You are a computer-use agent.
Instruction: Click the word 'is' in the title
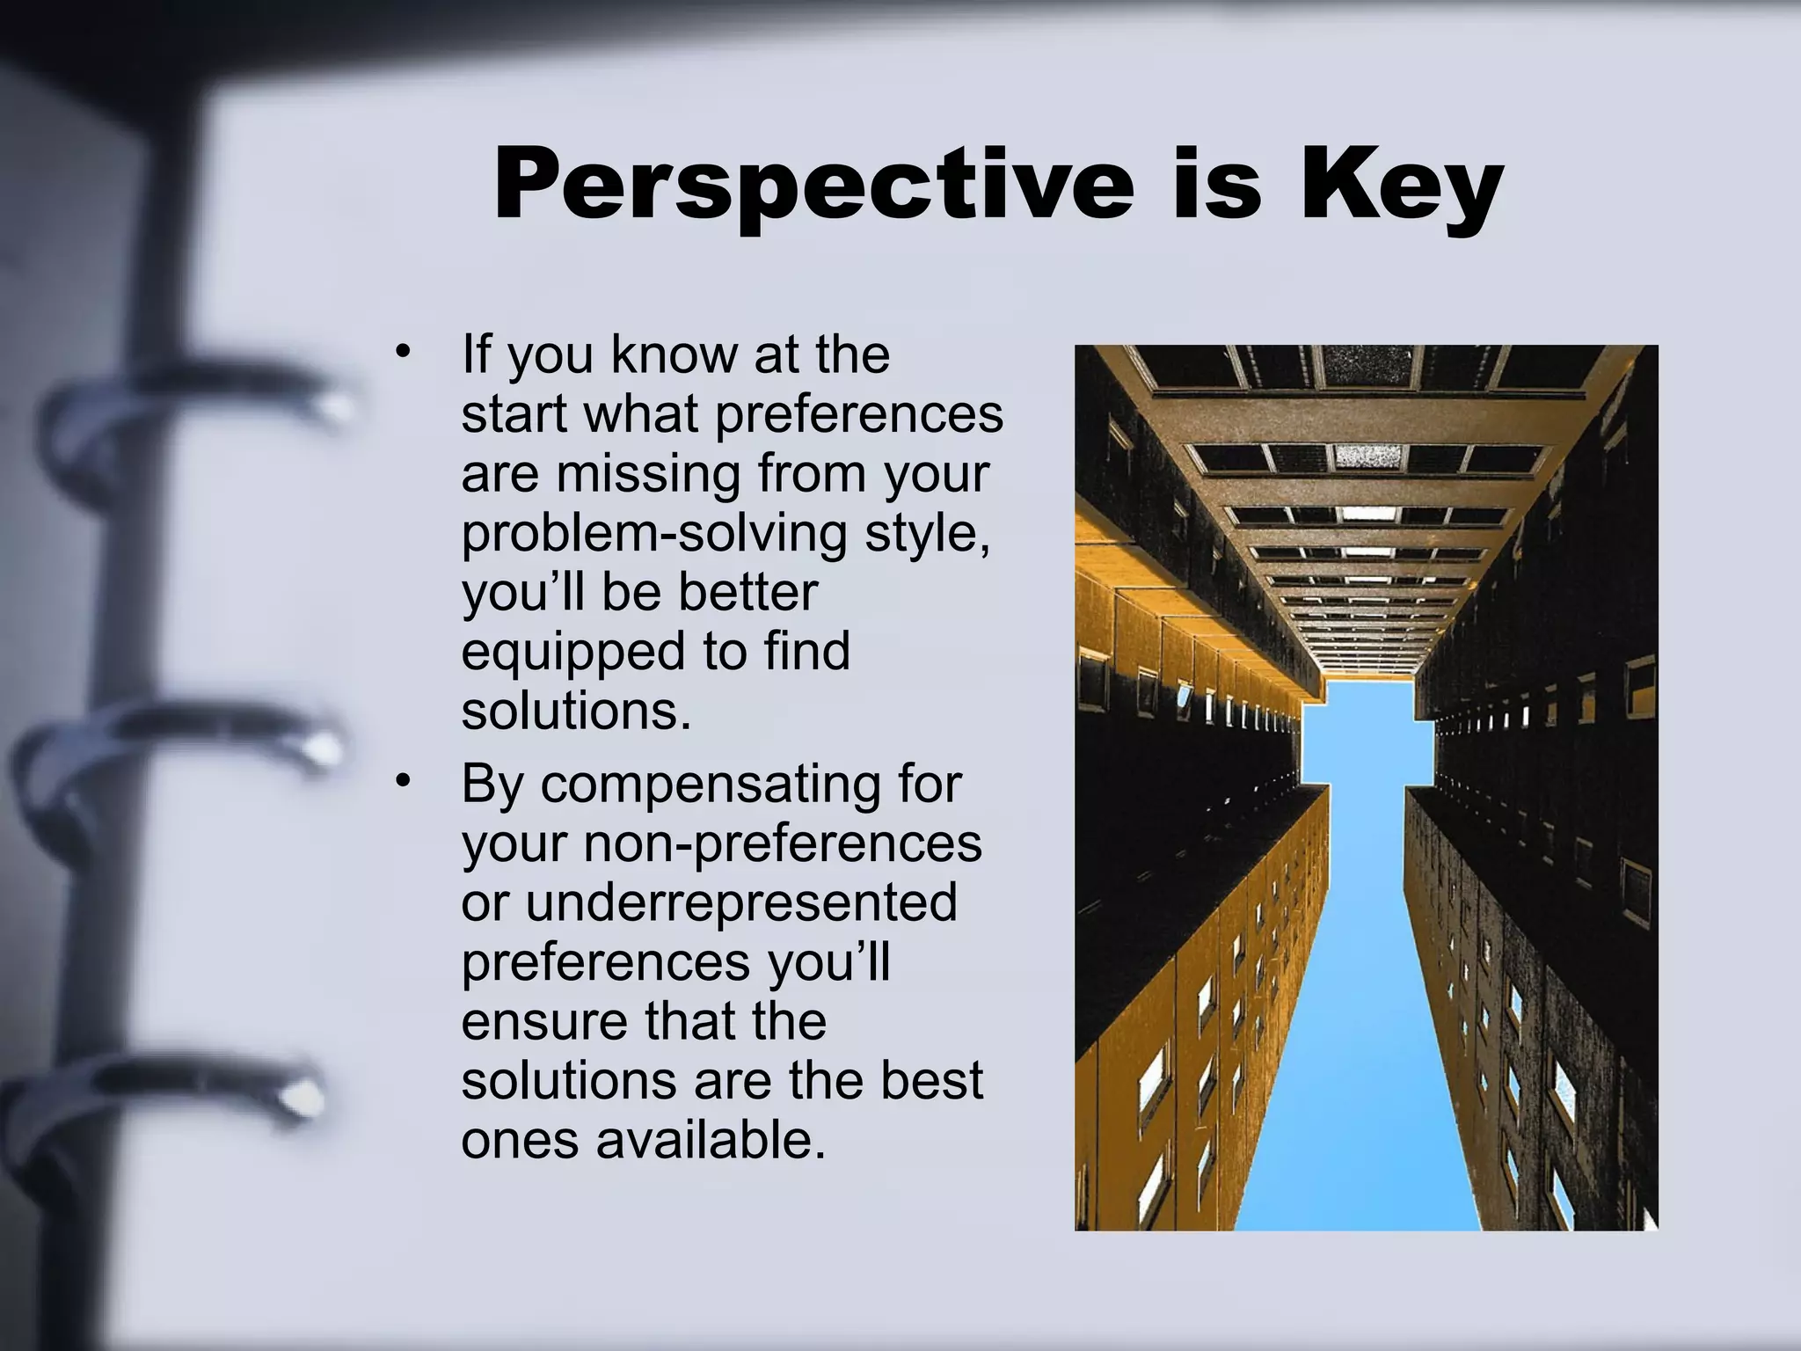pyautogui.click(x=1217, y=185)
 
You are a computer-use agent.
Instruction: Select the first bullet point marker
pyautogui.click(x=404, y=354)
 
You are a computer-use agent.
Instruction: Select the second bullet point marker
pyautogui.click(x=404, y=781)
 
